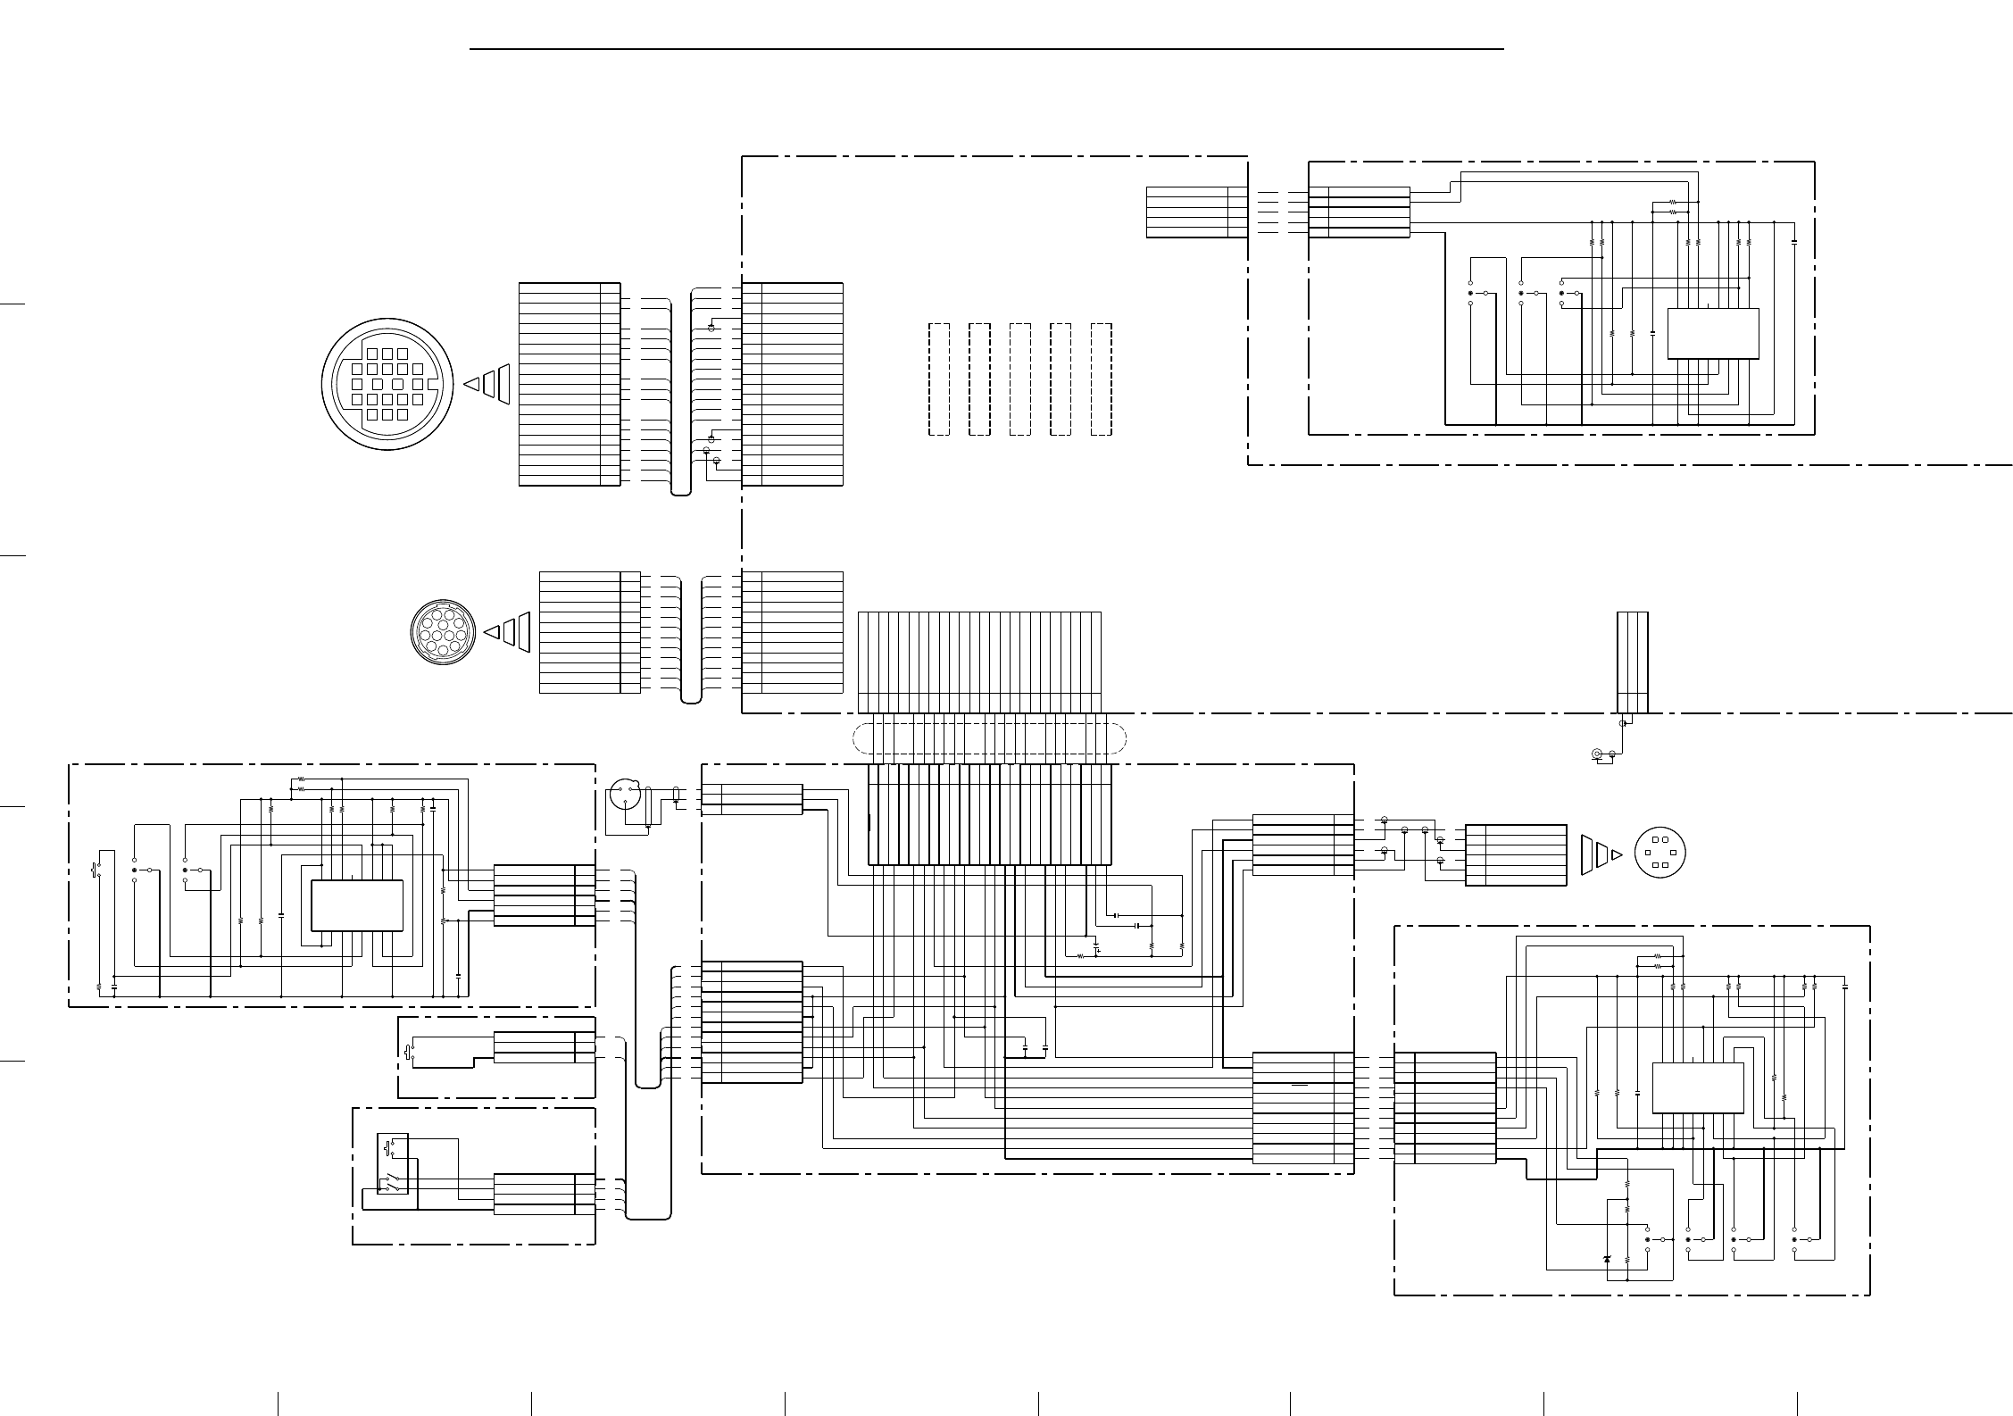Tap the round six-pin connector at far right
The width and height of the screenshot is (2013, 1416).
coord(1659,853)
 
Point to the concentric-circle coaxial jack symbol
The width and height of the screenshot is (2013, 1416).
coord(1597,755)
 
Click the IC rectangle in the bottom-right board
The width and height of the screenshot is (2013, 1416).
coord(1697,1087)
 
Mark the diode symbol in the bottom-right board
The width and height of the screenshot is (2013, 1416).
coord(1608,1259)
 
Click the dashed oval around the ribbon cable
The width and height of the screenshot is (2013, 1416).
coord(989,738)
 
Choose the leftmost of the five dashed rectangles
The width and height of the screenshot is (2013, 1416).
coord(938,379)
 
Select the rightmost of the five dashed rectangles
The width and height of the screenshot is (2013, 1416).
coord(1102,379)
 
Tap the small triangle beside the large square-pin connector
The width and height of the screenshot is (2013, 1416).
coord(471,384)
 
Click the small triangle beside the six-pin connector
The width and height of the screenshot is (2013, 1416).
coord(1617,854)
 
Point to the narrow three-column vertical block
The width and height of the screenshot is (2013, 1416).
coord(1632,662)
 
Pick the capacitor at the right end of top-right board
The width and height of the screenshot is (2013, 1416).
coord(1794,242)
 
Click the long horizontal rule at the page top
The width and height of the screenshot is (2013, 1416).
coord(986,50)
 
